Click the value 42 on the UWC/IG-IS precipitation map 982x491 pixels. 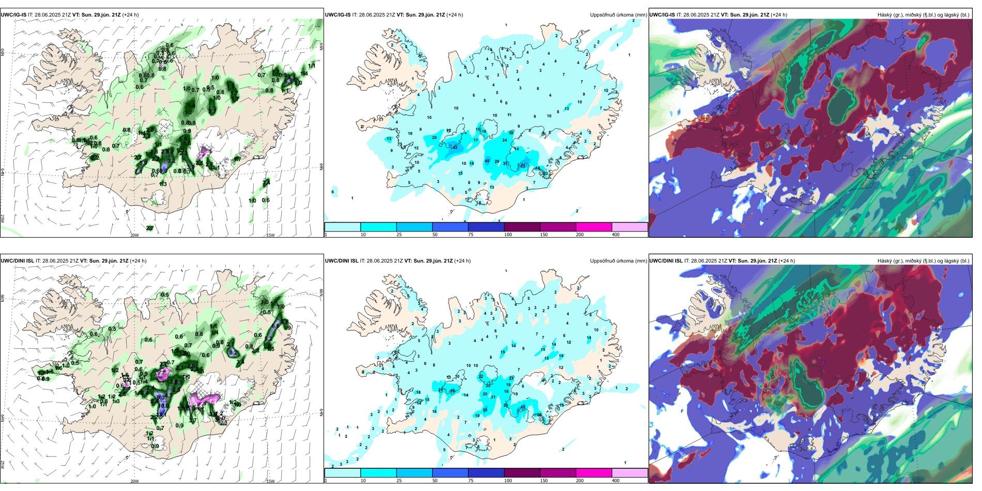click(455, 147)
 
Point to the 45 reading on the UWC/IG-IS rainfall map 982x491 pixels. click(487, 161)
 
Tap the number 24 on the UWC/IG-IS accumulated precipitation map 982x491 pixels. click(505, 140)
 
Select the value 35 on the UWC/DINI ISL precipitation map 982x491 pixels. click(485, 410)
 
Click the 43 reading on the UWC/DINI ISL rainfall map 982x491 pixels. click(523, 407)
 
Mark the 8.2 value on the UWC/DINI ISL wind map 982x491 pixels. click(233, 352)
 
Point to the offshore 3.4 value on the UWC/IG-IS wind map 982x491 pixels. click(266, 182)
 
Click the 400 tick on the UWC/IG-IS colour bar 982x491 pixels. click(616, 235)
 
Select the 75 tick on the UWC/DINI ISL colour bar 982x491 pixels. click(471, 481)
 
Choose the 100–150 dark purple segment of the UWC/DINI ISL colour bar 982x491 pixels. click(522, 473)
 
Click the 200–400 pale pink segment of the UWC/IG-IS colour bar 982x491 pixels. click(630, 227)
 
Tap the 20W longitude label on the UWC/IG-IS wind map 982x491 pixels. click(134, 235)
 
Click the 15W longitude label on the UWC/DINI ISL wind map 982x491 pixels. click(270, 481)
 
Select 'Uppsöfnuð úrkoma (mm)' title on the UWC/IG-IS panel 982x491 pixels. click(618, 15)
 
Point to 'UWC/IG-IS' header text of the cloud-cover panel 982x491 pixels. click(662, 15)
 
